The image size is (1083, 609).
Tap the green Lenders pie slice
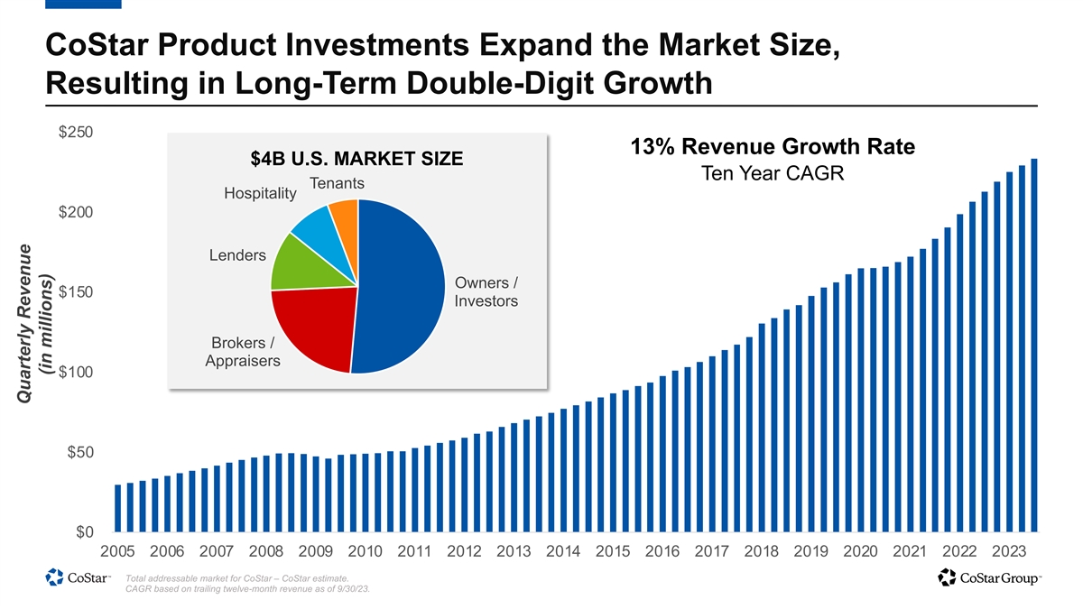pos(293,263)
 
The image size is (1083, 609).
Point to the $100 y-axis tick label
pos(79,373)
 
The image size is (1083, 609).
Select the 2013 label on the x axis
pos(514,551)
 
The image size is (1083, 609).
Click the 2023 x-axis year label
pos(1009,551)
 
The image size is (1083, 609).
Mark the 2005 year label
pos(117,551)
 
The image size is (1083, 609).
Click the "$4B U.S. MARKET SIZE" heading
pos(356,160)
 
